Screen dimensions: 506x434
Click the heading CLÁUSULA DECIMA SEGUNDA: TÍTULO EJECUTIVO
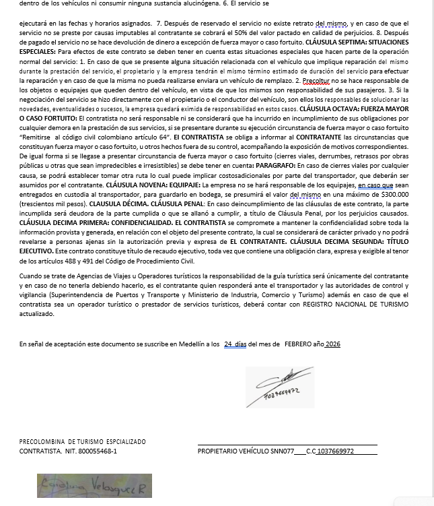point(363,241)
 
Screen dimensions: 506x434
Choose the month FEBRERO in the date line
point(298,344)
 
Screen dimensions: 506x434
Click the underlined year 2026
point(332,344)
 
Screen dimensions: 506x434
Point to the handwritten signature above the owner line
point(279,386)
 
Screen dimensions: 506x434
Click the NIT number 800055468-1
point(94,451)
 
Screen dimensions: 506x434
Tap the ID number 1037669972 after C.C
point(335,451)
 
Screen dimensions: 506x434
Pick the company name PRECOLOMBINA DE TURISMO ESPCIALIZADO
point(82,441)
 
